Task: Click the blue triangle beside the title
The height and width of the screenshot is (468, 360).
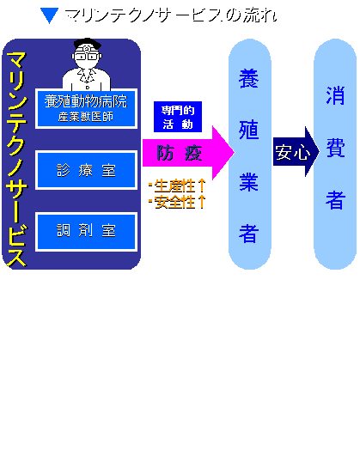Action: [x=49, y=15]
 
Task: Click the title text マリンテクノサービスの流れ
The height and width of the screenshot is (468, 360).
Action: [x=171, y=15]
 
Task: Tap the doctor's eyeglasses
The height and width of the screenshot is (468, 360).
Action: [x=87, y=56]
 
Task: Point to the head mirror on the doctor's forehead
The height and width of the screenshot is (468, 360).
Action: [x=87, y=48]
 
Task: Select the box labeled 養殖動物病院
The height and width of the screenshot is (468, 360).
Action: [x=86, y=109]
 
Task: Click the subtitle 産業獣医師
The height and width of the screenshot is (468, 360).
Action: [x=86, y=117]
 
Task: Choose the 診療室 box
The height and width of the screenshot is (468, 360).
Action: [x=86, y=170]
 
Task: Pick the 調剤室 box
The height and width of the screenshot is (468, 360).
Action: [x=86, y=232]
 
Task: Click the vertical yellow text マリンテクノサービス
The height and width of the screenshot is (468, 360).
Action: [x=16, y=159]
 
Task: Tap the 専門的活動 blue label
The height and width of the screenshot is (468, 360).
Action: [x=178, y=117]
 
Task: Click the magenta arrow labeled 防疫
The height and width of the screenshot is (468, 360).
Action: [x=188, y=153]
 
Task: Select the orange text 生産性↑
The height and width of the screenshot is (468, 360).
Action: [x=178, y=186]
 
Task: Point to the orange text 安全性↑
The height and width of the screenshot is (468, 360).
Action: [x=178, y=202]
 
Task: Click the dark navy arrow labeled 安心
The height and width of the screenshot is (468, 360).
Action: [x=296, y=152]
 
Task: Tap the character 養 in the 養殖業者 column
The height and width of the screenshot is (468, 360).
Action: [x=249, y=78]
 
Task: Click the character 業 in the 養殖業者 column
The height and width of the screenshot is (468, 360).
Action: [x=249, y=181]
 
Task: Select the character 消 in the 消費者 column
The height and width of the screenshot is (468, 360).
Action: [x=335, y=95]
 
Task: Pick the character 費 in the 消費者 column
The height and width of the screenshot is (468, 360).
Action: [x=335, y=147]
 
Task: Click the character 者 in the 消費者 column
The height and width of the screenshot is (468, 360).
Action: [x=335, y=199]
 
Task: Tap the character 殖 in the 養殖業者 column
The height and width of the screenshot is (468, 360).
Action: [x=249, y=130]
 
